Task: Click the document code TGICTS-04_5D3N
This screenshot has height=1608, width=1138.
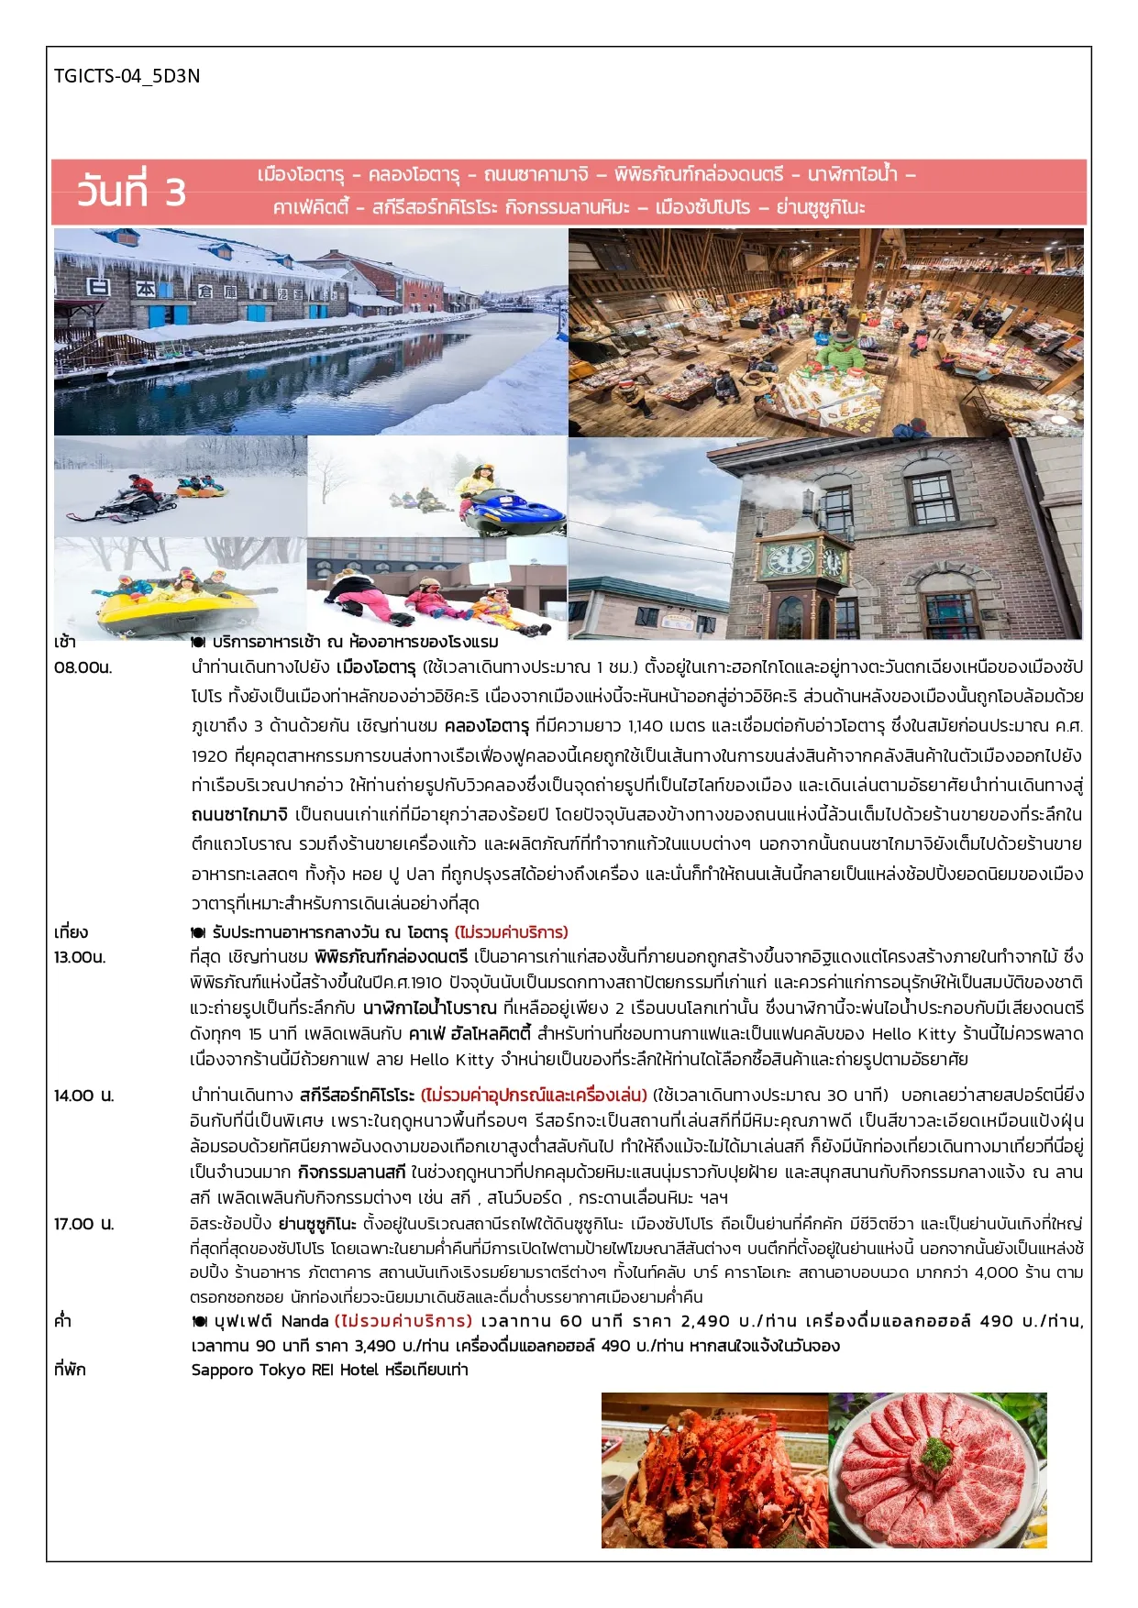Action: (x=127, y=76)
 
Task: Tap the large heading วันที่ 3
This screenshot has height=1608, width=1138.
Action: (x=131, y=191)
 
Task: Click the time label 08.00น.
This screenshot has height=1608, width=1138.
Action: (x=83, y=667)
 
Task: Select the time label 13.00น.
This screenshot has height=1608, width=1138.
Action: (x=80, y=957)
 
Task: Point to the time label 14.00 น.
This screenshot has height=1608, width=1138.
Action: (x=84, y=1096)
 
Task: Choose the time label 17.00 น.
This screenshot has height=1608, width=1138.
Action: (x=84, y=1224)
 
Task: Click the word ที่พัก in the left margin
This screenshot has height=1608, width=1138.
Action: (x=70, y=1370)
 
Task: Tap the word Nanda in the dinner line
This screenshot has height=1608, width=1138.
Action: (x=304, y=1321)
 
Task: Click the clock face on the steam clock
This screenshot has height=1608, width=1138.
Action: (x=789, y=558)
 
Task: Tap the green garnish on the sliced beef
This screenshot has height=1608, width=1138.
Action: (x=937, y=1454)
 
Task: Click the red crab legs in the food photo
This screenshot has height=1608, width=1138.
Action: (x=711, y=1476)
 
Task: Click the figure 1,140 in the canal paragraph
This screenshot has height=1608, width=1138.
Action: (x=646, y=726)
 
